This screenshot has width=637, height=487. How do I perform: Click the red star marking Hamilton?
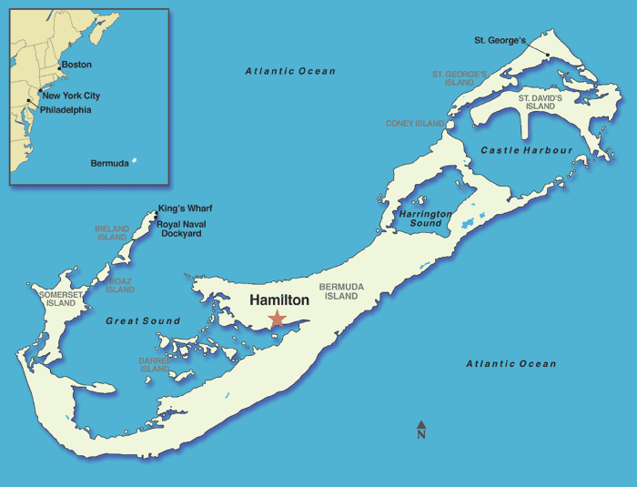pos(277,320)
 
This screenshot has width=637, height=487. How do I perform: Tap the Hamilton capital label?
pos(279,299)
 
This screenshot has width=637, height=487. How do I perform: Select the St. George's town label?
pos(500,40)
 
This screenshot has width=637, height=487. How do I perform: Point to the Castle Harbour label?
pos(527,150)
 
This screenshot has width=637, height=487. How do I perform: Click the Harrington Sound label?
pos(426,218)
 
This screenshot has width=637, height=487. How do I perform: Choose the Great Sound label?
pos(143,321)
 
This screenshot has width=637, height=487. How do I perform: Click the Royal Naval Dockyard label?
pos(179,228)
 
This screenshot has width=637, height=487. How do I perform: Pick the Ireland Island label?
pos(112,233)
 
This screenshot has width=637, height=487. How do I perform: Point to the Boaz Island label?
pos(120,286)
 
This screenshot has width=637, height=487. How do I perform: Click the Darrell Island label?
pos(154,365)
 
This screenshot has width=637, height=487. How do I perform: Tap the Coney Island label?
pos(415,124)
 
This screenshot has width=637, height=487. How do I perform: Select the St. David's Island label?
pos(541,102)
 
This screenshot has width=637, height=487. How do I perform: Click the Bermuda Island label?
pos(341,291)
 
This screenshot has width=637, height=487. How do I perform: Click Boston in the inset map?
pos(76,66)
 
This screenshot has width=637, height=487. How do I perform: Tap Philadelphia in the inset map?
pos(66,110)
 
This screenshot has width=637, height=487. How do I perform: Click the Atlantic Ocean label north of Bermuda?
pos(290,71)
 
